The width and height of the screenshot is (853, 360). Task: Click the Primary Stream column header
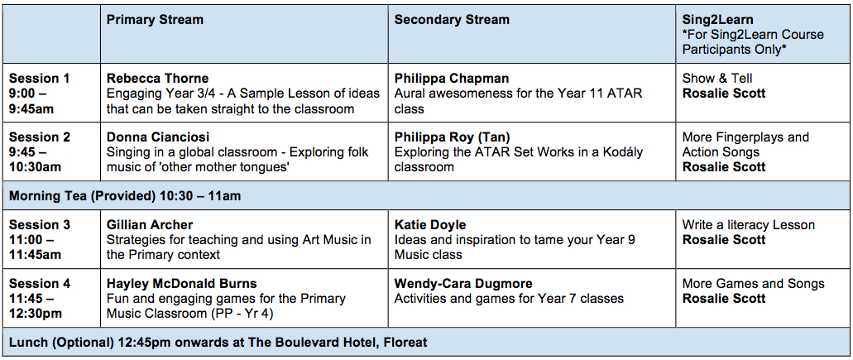tap(155, 20)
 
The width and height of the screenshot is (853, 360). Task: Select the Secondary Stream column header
tap(452, 20)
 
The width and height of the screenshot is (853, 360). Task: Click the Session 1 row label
tap(39, 79)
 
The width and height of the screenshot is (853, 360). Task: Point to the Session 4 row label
tap(40, 284)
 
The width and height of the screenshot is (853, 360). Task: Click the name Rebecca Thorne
tap(157, 79)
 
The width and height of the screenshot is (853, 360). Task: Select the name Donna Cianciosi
tap(158, 137)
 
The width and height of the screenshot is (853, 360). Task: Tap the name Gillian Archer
tap(150, 225)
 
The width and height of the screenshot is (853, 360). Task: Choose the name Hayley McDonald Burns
tap(182, 284)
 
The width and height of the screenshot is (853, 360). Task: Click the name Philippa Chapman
tap(452, 79)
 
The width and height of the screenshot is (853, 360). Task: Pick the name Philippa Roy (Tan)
tap(452, 137)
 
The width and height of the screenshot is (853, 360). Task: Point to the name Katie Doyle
tap(429, 225)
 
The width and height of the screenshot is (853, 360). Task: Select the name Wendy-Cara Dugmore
tap(463, 284)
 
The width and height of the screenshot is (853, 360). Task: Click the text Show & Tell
tap(717, 79)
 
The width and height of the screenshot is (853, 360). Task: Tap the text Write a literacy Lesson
tap(748, 225)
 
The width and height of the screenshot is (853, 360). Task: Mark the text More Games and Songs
tap(753, 284)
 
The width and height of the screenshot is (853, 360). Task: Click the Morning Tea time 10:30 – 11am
tap(200, 196)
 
